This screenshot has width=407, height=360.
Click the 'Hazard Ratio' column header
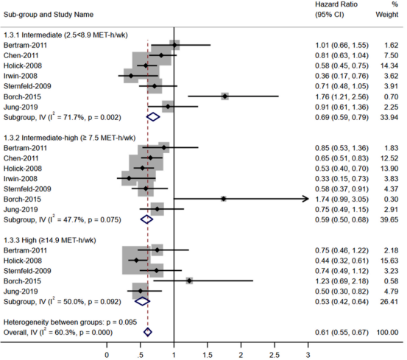click(x=336, y=4)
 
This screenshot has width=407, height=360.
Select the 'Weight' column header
click(x=386, y=15)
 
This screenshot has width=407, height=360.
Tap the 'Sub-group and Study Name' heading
click(x=49, y=15)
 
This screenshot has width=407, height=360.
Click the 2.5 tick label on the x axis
click(x=275, y=355)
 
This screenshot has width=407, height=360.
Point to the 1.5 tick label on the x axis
click(x=208, y=355)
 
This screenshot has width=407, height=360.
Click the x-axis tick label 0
click(x=107, y=355)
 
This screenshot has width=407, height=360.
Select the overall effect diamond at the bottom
click(x=148, y=332)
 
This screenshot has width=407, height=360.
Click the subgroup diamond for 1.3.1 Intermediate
click(x=153, y=117)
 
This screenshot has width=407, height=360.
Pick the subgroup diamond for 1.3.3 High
click(x=142, y=302)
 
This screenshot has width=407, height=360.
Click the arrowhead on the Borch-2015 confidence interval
click(x=305, y=199)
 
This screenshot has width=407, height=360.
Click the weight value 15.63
click(x=389, y=261)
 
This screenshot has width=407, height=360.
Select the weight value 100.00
click(x=388, y=333)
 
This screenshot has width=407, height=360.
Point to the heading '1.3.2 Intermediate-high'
click(x=40, y=138)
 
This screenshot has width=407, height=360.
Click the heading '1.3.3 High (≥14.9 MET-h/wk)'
click(x=49, y=240)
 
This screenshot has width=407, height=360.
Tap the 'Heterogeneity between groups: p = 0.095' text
click(x=70, y=322)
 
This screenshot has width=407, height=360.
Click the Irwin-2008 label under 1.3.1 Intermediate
click(x=21, y=76)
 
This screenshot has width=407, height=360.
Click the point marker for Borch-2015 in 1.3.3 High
click(x=189, y=280)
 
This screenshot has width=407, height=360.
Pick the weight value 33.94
click(x=389, y=117)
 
